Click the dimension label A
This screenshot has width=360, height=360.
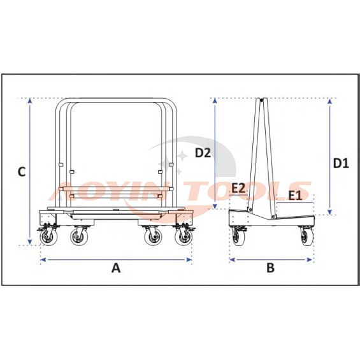[116, 268]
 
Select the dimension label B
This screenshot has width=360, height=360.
[271, 268]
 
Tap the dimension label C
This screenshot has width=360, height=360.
[22, 172]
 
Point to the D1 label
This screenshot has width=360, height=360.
[341, 164]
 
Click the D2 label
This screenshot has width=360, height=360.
[203, 153]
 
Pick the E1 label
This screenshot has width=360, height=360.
[295, 196]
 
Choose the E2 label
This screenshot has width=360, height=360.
[238, 188]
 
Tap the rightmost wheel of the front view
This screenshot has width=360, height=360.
[184, 236]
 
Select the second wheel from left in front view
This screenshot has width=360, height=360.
[78, 236]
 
